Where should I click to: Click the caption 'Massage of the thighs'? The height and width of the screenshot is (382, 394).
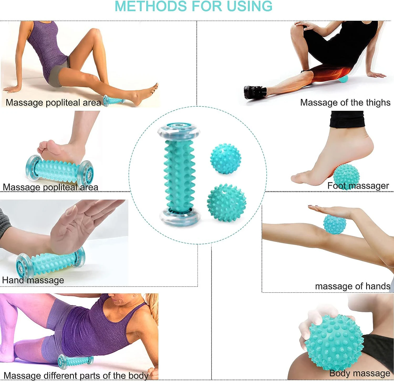tap(345, 102)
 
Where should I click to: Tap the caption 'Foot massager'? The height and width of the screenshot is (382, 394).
tap(358, 186)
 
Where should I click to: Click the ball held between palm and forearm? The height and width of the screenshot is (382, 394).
tap(334, 223)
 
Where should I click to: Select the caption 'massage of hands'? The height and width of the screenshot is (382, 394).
tap(352, 286)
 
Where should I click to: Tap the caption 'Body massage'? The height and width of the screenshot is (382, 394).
tap(359, 373)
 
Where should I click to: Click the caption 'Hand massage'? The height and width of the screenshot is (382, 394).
tap(33, 280)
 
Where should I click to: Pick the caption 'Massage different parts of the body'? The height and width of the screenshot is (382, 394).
tap(76, 375)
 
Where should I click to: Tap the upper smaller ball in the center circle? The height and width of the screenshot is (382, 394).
tap(225, 158)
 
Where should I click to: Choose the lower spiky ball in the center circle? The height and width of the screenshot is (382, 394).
tap(226, 202)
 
